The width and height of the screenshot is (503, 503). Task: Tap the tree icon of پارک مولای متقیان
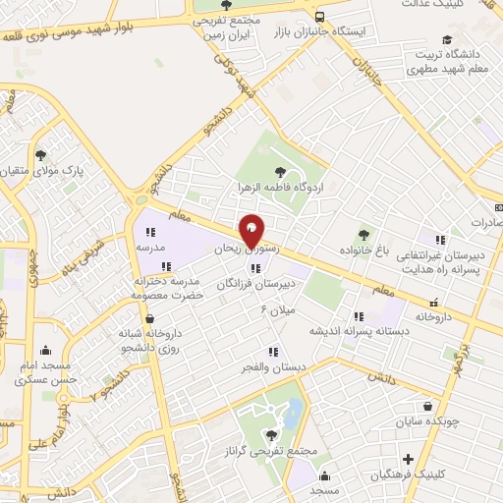40,155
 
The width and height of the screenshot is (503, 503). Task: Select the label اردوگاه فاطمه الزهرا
284,187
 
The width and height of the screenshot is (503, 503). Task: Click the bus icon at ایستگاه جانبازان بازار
320,17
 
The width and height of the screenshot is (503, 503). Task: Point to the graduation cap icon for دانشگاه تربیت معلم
447,40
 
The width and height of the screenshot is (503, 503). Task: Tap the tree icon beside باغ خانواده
364,235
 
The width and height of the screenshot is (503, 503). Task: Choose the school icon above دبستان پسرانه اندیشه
359,315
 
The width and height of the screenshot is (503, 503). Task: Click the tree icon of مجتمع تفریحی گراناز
270,435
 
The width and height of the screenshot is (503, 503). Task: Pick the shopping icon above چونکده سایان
426,407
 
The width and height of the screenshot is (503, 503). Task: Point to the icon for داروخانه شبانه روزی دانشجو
147,318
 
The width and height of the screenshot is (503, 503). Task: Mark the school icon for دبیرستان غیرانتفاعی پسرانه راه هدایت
441,239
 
